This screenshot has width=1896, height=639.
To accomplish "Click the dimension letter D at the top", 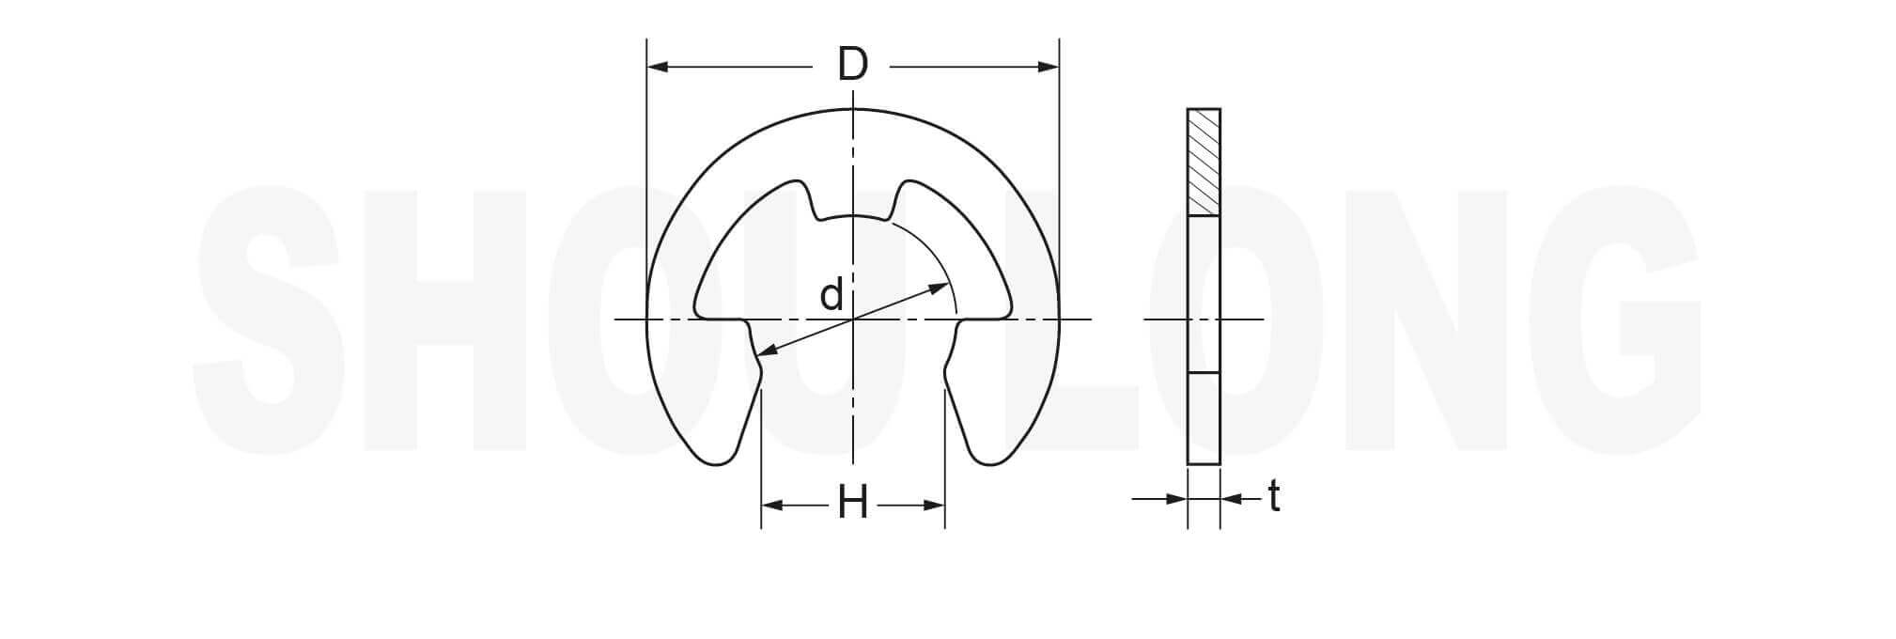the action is pyautogui.click(x=852, y=65).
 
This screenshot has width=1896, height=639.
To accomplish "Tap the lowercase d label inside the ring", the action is pyautogui.click(x=831, y=295).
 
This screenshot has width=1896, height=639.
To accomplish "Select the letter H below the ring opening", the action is pyautogui.click(x=852, y=505).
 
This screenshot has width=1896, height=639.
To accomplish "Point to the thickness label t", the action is pyautogui.click(x=1273, y=496).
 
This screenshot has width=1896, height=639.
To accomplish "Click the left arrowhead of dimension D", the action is pyautogui.click(x=658, y=67).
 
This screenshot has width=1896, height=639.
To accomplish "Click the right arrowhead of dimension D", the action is pyautogui.click(x=1048, y=67).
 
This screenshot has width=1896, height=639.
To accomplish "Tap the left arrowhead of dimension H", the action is pyautogui.click(x=772, y=506).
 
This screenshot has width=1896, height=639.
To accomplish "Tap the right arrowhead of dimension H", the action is pyautogui.click(x=934, y=506).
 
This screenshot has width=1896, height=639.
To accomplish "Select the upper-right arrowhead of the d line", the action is pyautogui.click(x=938, y=288).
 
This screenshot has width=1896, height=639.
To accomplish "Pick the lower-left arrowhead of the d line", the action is pyautogui.click(x=767, y=351).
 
